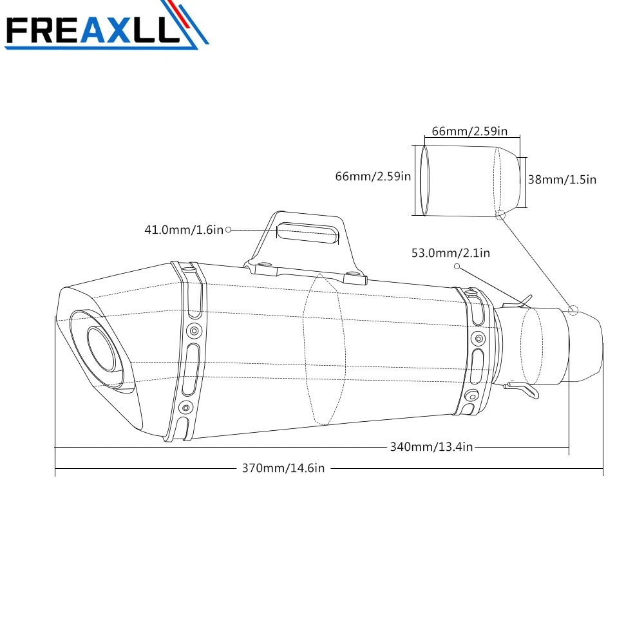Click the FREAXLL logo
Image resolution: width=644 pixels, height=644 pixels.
pyautogui.click(x=106, y=26)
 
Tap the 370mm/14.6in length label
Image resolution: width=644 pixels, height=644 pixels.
pyautogui.click(x=283, y=468)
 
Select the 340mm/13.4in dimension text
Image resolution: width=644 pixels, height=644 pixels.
pyautogui.click(x=431, y=447)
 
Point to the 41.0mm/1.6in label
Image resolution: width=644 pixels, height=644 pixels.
pyautogui.click(x=184, y=230)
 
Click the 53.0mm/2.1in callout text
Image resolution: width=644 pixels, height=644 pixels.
pyautogui.click(x=451, y=253)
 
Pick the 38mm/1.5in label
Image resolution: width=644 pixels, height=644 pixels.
pyautogui.click(x=562, y=180)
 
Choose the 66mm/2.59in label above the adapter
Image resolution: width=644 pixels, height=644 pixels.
pyautogui.click(x=469, y=131)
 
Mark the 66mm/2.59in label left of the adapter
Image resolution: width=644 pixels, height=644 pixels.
pyautogui.click(x=373, y=176)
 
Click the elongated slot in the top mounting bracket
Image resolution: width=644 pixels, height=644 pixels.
pyautogui.click(x=308, y=233)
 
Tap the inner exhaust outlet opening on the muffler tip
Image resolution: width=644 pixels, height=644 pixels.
pyautogui.click(x=101, y=349)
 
